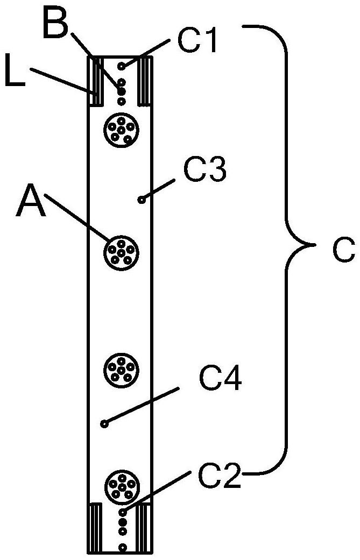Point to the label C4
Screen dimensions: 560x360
tap(221, 380)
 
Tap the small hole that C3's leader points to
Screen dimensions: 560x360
tap(142, 200)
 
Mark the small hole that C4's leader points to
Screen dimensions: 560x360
tap(104, 423)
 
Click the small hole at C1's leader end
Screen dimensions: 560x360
tap(122, 66)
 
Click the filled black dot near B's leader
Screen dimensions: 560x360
tap(122, 91)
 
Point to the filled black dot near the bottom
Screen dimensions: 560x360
tap(123, 522)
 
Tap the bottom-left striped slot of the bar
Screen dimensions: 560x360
tap(96, 528)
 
